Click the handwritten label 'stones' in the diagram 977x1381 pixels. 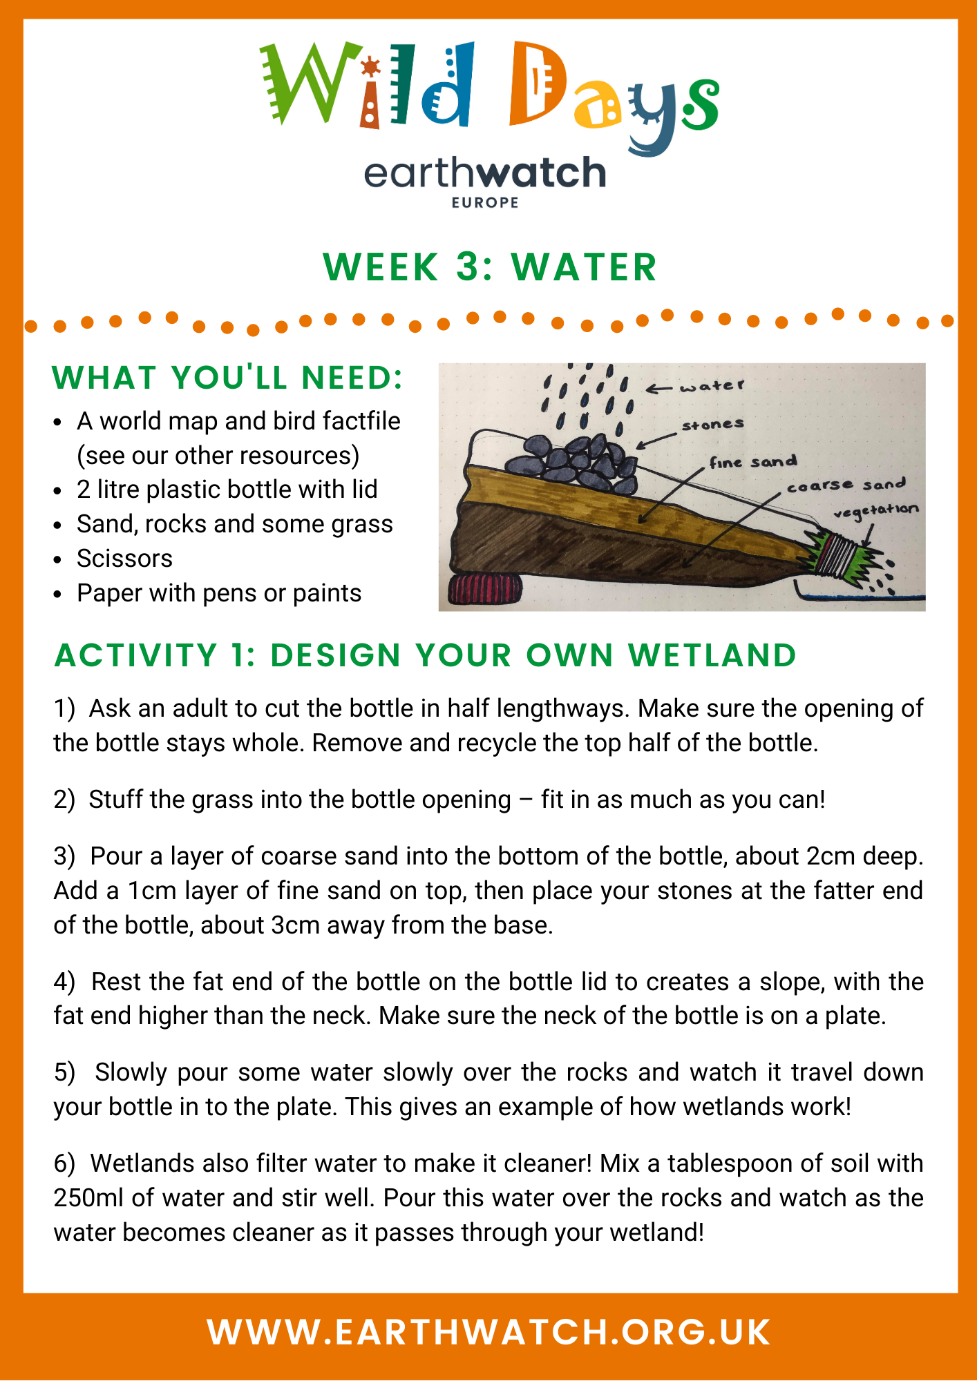tap(712, 424)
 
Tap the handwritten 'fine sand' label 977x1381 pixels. tap(753, 461)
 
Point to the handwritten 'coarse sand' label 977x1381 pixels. tap(846, 485)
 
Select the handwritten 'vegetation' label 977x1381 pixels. tap(876, 511)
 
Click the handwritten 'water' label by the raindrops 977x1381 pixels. tap(712, 386)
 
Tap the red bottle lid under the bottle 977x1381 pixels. tap(485, 589)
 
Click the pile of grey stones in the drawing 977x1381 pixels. tap(573, 461)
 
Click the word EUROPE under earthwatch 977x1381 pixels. tap(485, 202)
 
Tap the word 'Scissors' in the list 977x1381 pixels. tap(124, 558)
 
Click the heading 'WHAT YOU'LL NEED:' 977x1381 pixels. tap(227, 378)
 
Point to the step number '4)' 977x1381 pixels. tap(64, 982)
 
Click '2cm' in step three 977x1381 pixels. tap(834, 856)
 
